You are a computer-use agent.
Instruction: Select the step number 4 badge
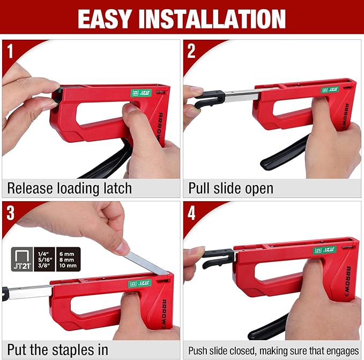pyautogui.click(x=191, y=212)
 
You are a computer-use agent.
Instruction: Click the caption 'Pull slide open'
pyautogui.click(x=231, y=188)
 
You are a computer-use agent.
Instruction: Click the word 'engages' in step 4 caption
pyautogui.click(x=339, y=351)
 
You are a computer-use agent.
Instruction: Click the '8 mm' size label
pyautogui.click(x=69, y=259)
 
